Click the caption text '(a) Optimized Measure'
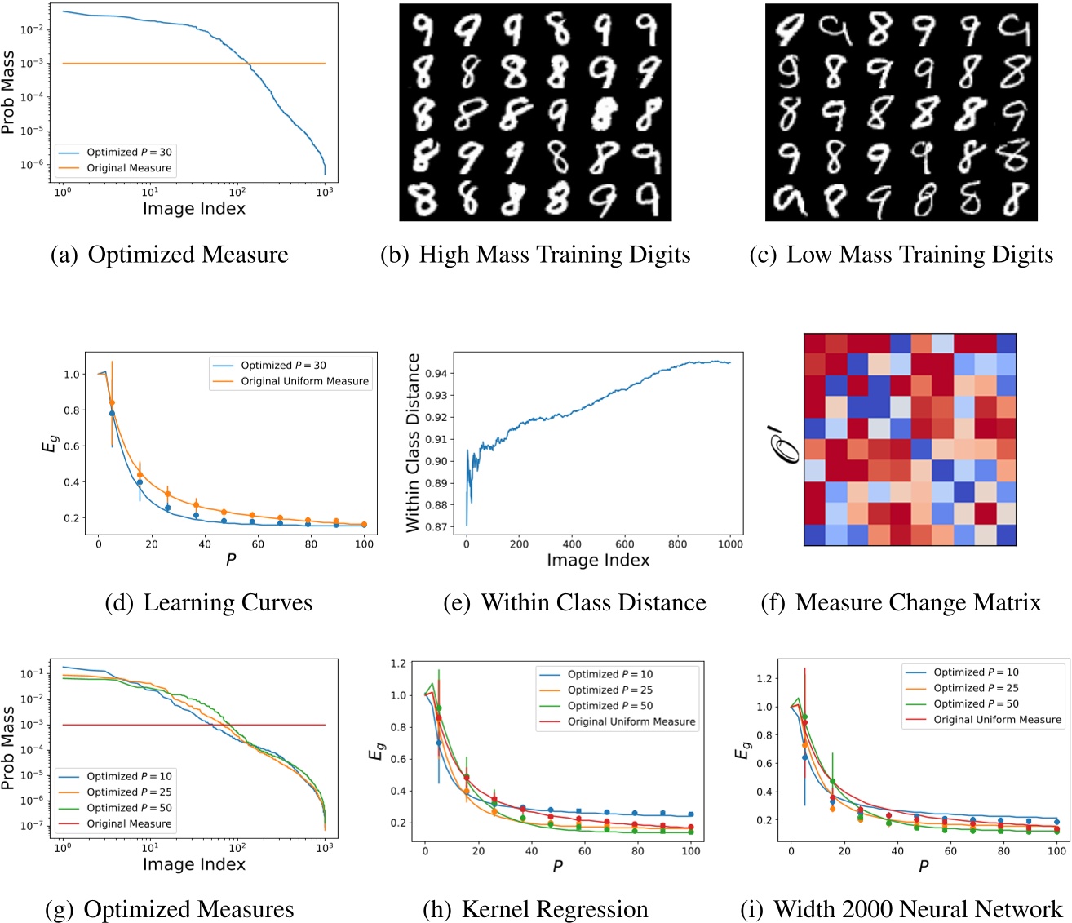(x=169, y=255)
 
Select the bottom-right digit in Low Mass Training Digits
(x=1014, y=199)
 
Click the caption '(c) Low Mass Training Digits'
(x=901, y=255)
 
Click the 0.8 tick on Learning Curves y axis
(x=71, y=410)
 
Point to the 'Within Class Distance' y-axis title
(x=414, y=442)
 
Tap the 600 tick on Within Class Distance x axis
(x=624, y=544)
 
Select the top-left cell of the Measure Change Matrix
(x=814, y=343)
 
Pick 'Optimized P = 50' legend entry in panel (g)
(x=129, y=808)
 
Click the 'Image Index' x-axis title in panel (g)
(x=193, y=863)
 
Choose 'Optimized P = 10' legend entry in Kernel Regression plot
(x=610, y=674)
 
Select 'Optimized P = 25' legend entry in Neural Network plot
(x=976, y=688)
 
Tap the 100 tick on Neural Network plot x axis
(x=1056, y=851)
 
